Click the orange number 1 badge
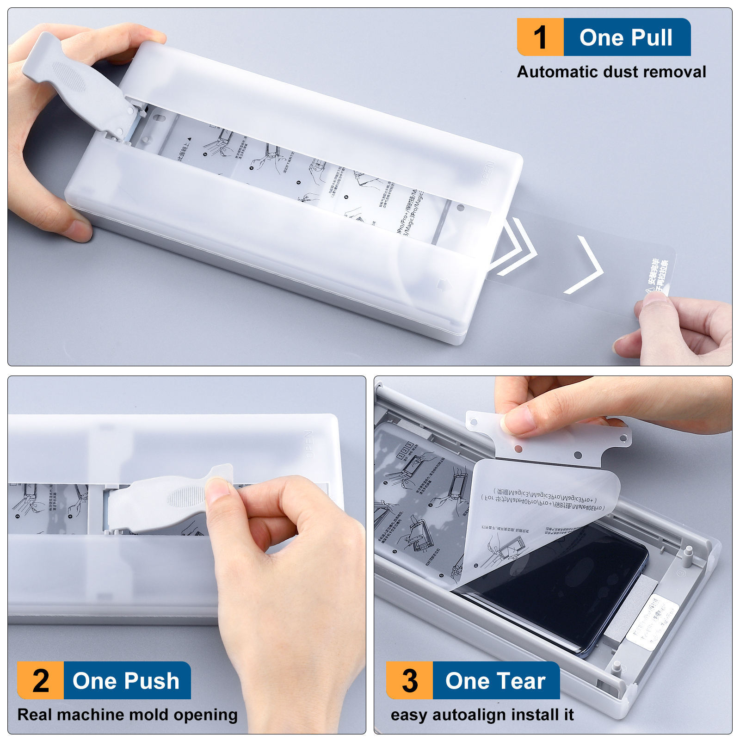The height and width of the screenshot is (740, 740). pyautogui.click(x=540, y=37)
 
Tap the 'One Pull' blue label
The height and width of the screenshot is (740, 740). pyautogui.click(x=626, y=37)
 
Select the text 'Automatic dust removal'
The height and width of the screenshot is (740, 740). pyautogui.click(x=611, y=72)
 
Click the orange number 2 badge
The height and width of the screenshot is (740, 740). pyautogui.click(x=41, y=680)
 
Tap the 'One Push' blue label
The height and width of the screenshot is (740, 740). pyautogui.click(x=126, y=680)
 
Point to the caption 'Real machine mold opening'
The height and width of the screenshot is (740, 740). pyautogui.click(x=127, y=715)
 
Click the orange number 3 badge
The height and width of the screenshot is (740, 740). pyautogui.click(x=410, y=680)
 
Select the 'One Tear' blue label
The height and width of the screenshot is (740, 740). pyautogui.click(x=495, y=680)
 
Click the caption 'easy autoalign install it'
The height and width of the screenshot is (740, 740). pyautogui.click(x=482, y=715)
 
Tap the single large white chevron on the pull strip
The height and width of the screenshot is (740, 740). pyautogui.click(x=586, y=266)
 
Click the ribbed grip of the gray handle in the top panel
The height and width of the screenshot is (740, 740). pyautogui.click(x=68, y=76)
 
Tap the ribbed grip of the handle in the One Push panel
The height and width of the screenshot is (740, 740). pyautogui.click(x=185, y=497)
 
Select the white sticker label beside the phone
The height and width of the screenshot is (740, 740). pyautogui.click(x=652, y=622)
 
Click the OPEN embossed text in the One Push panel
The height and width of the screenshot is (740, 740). pyautogui.click(x=308, y=444)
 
